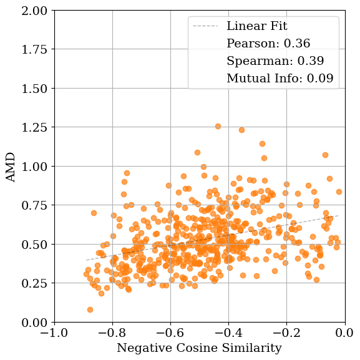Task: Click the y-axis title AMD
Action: pyautogui.click(x=11, y=167)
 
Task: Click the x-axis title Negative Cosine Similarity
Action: pyautogui.click(x=199, y=348)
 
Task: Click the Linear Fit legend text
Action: pyautogui.click(x=256, y=26)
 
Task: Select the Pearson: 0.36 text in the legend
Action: pyautogui.click(x=268, y=44)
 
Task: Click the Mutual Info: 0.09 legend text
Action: pyautogui.click(x=280, y=79)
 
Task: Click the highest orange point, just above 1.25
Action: pyautogui.click(x=218, y=127)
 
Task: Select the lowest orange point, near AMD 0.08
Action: pyautogui.click(x=90, y=309)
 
